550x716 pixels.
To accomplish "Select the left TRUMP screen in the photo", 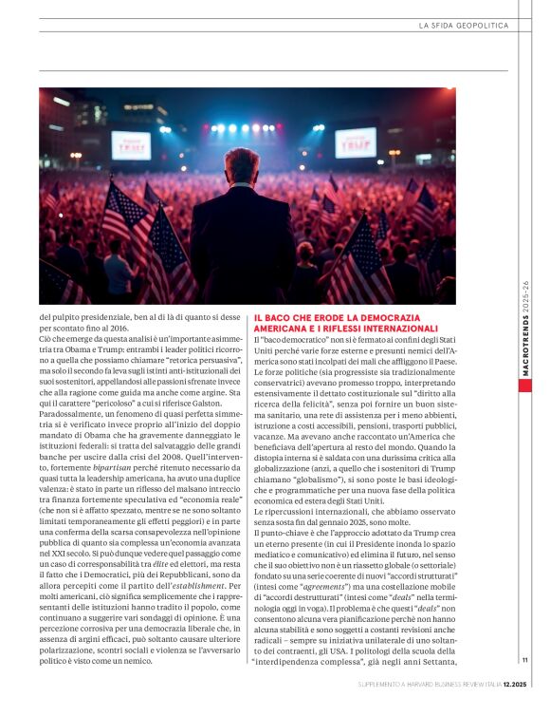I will pyautogui.click(x=131, y=145).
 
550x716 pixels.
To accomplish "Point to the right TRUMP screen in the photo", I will pyautogui.click(x=356, y=141).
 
